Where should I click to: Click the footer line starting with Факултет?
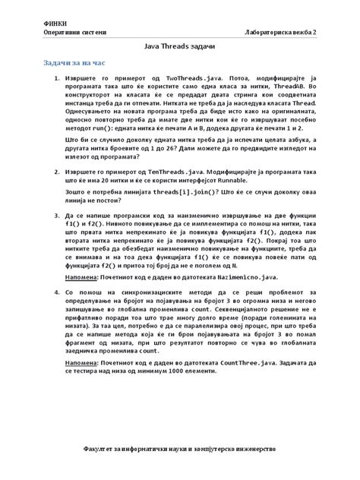179,450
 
